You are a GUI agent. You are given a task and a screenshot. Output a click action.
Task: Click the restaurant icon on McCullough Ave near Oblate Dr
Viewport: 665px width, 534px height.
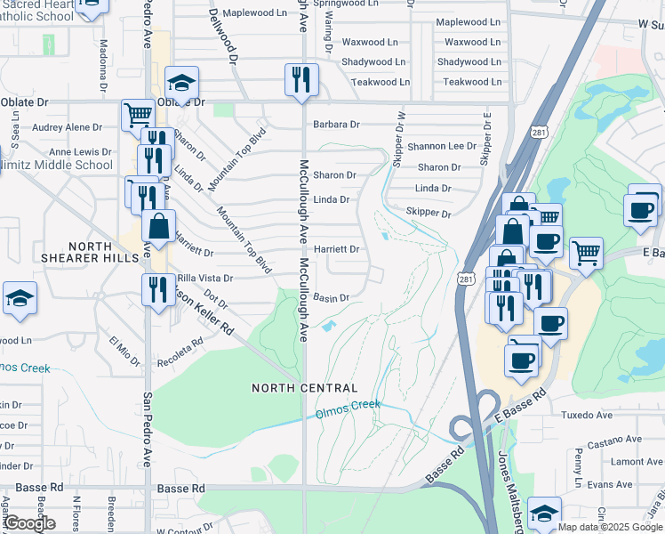click(x=301, y=79)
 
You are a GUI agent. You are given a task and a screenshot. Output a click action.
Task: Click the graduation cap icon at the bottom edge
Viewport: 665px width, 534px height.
click(x=544, y=514)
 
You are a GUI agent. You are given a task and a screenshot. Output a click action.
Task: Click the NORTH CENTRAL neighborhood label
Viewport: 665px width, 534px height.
click(x=304, y=388)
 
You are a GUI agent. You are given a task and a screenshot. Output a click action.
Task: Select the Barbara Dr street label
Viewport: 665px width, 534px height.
click(x=336, y=125)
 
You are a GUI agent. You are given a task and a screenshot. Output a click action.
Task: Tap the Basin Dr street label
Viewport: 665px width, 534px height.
click(x=330, y=298)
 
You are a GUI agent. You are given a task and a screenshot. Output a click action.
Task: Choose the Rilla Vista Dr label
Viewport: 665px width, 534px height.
click(x=205, y=278)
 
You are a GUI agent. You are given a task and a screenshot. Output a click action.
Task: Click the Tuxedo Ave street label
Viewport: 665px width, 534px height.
click(x=587, y=415)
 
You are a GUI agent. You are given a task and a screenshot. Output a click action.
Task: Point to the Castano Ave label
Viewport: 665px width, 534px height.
click(x=614, y=439)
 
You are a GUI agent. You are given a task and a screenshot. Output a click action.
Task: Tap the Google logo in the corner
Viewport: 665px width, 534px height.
click(x=30, y=523)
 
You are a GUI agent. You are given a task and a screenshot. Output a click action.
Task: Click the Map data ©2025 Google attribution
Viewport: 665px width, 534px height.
click(x=610, y=526)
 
